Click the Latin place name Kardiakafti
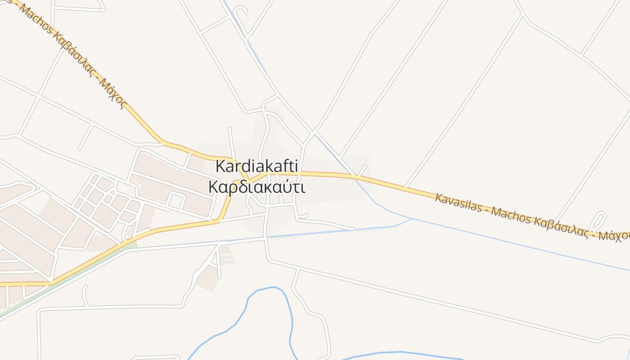pos(257,166)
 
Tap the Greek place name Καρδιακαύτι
pos(257,186)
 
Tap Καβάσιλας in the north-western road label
pos(72,53)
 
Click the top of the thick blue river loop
pos(273,288)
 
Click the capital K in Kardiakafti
pos(220,166)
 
